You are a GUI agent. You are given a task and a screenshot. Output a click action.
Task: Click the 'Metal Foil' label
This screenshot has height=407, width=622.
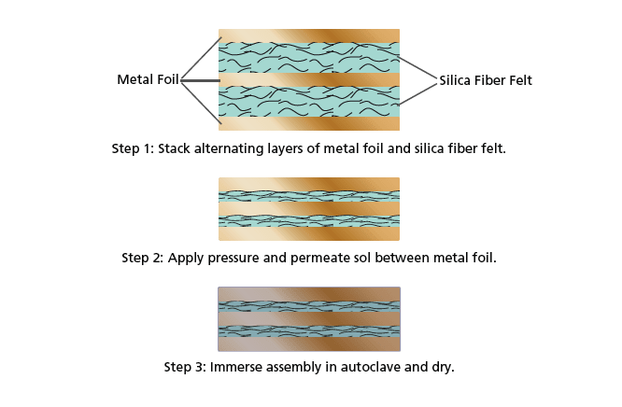148,79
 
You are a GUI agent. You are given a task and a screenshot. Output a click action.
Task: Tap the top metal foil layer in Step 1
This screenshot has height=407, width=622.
308,35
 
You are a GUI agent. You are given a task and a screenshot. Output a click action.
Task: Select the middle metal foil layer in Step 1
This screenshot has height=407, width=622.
308,80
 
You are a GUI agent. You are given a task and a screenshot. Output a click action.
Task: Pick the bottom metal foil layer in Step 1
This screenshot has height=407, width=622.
308,124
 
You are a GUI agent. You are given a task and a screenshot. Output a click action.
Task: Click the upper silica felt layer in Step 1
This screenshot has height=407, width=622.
308,57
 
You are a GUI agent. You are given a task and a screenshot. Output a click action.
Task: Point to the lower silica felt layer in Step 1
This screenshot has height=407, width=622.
308,102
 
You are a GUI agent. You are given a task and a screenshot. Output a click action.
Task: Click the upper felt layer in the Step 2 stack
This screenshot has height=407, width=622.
308,196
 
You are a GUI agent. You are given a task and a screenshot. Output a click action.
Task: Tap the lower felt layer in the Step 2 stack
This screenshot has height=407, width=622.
308,221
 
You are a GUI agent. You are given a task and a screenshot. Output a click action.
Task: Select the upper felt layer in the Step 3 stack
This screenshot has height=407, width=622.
308,305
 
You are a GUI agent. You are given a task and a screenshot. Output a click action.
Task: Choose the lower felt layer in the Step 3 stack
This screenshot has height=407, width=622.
308,331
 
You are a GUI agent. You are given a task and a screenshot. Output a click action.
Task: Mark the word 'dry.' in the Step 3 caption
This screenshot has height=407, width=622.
440,367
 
